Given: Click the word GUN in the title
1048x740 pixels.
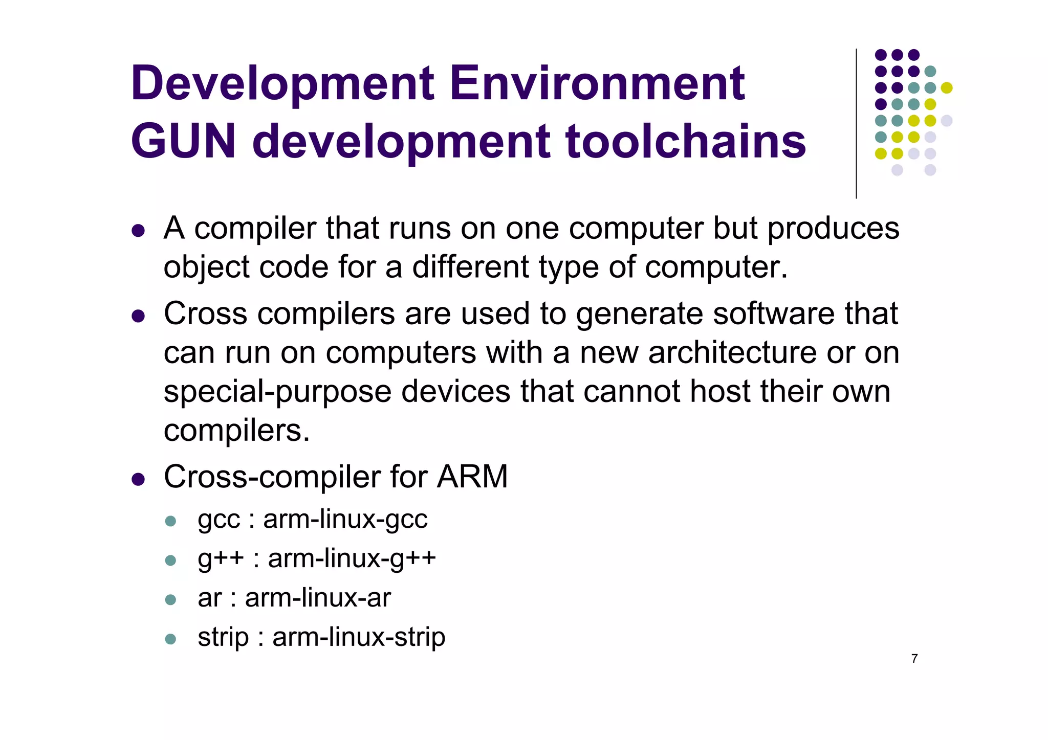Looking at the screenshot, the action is [x=183, y=142].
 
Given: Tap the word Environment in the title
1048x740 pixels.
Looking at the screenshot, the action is [x=597, y=83].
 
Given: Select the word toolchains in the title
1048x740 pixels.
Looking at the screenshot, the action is [x=686, y=142].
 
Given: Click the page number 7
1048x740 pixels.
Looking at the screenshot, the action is [x=914, y=659].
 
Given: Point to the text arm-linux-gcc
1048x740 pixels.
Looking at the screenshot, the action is [x=345, y=520].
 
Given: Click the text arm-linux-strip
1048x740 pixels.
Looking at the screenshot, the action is [x=359, y=637].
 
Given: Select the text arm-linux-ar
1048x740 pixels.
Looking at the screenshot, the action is [x=318, y=598].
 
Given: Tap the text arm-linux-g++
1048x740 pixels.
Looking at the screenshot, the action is [x=352, y=558].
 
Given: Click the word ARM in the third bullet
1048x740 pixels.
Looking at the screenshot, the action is [x=472, y=477].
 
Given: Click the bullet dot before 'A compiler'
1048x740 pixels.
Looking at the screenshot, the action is [x=138, y=231].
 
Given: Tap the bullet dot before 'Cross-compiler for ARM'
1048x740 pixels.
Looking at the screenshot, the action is [x=138, y=479].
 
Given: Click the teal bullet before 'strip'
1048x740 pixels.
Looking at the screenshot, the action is [x=171, y=639].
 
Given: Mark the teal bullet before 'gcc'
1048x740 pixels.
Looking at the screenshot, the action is [x=171, y=522].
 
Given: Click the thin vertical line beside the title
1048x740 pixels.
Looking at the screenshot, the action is [x=856, y=123].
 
